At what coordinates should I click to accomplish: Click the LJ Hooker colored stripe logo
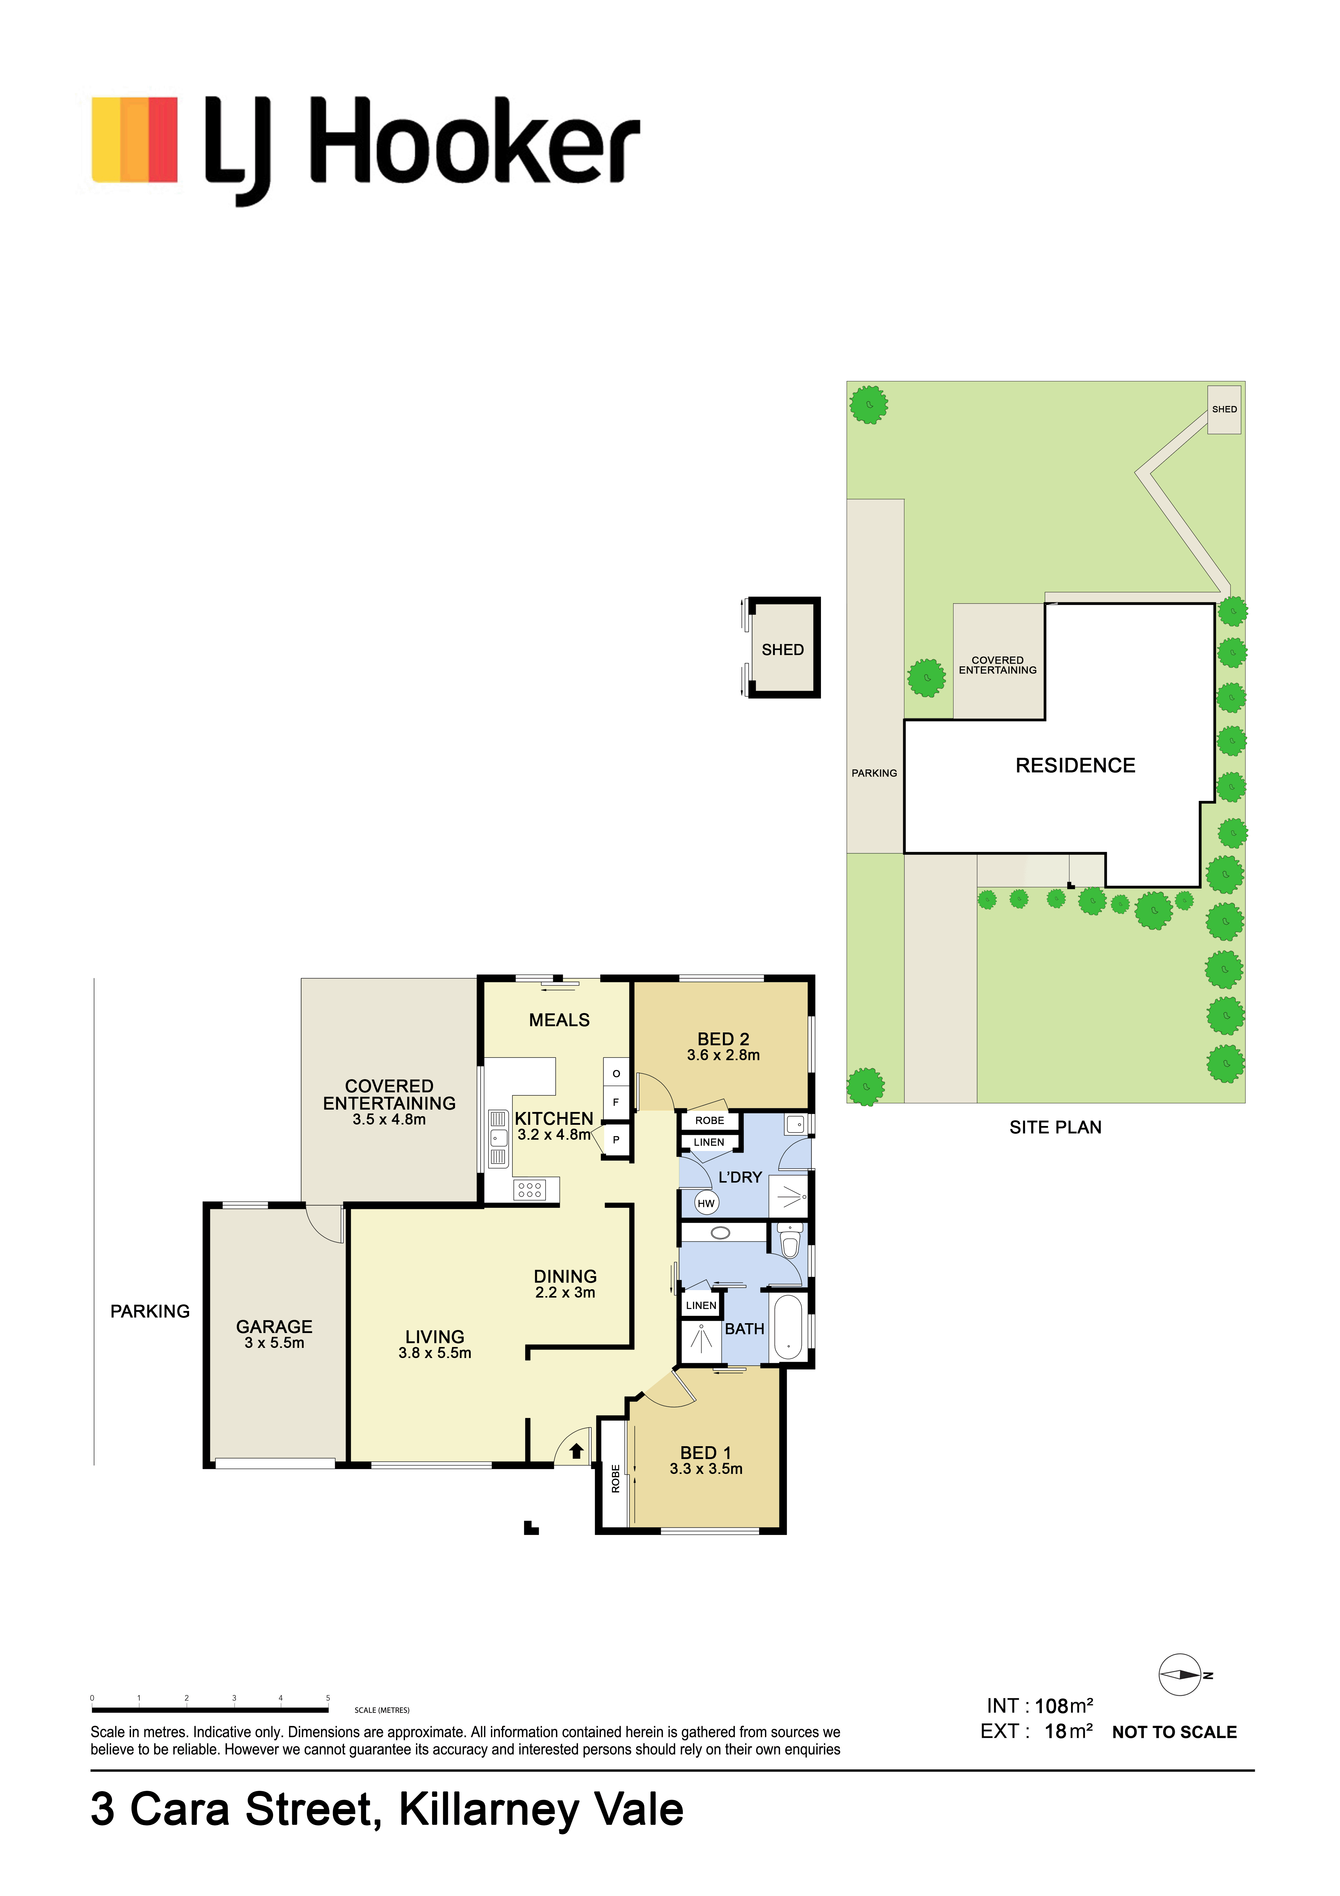click(135, 139)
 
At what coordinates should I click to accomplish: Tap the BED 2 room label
click(723, 1039)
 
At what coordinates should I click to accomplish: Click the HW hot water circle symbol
click(706, 1203)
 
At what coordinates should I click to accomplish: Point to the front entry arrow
click(576, 1451)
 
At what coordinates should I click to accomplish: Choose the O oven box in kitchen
click(616, 1074)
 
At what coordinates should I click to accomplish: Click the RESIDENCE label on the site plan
click(1075, 766)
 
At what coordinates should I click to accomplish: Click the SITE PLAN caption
click(1055, 1127)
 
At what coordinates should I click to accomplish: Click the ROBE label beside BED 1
click(615, 1478)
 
